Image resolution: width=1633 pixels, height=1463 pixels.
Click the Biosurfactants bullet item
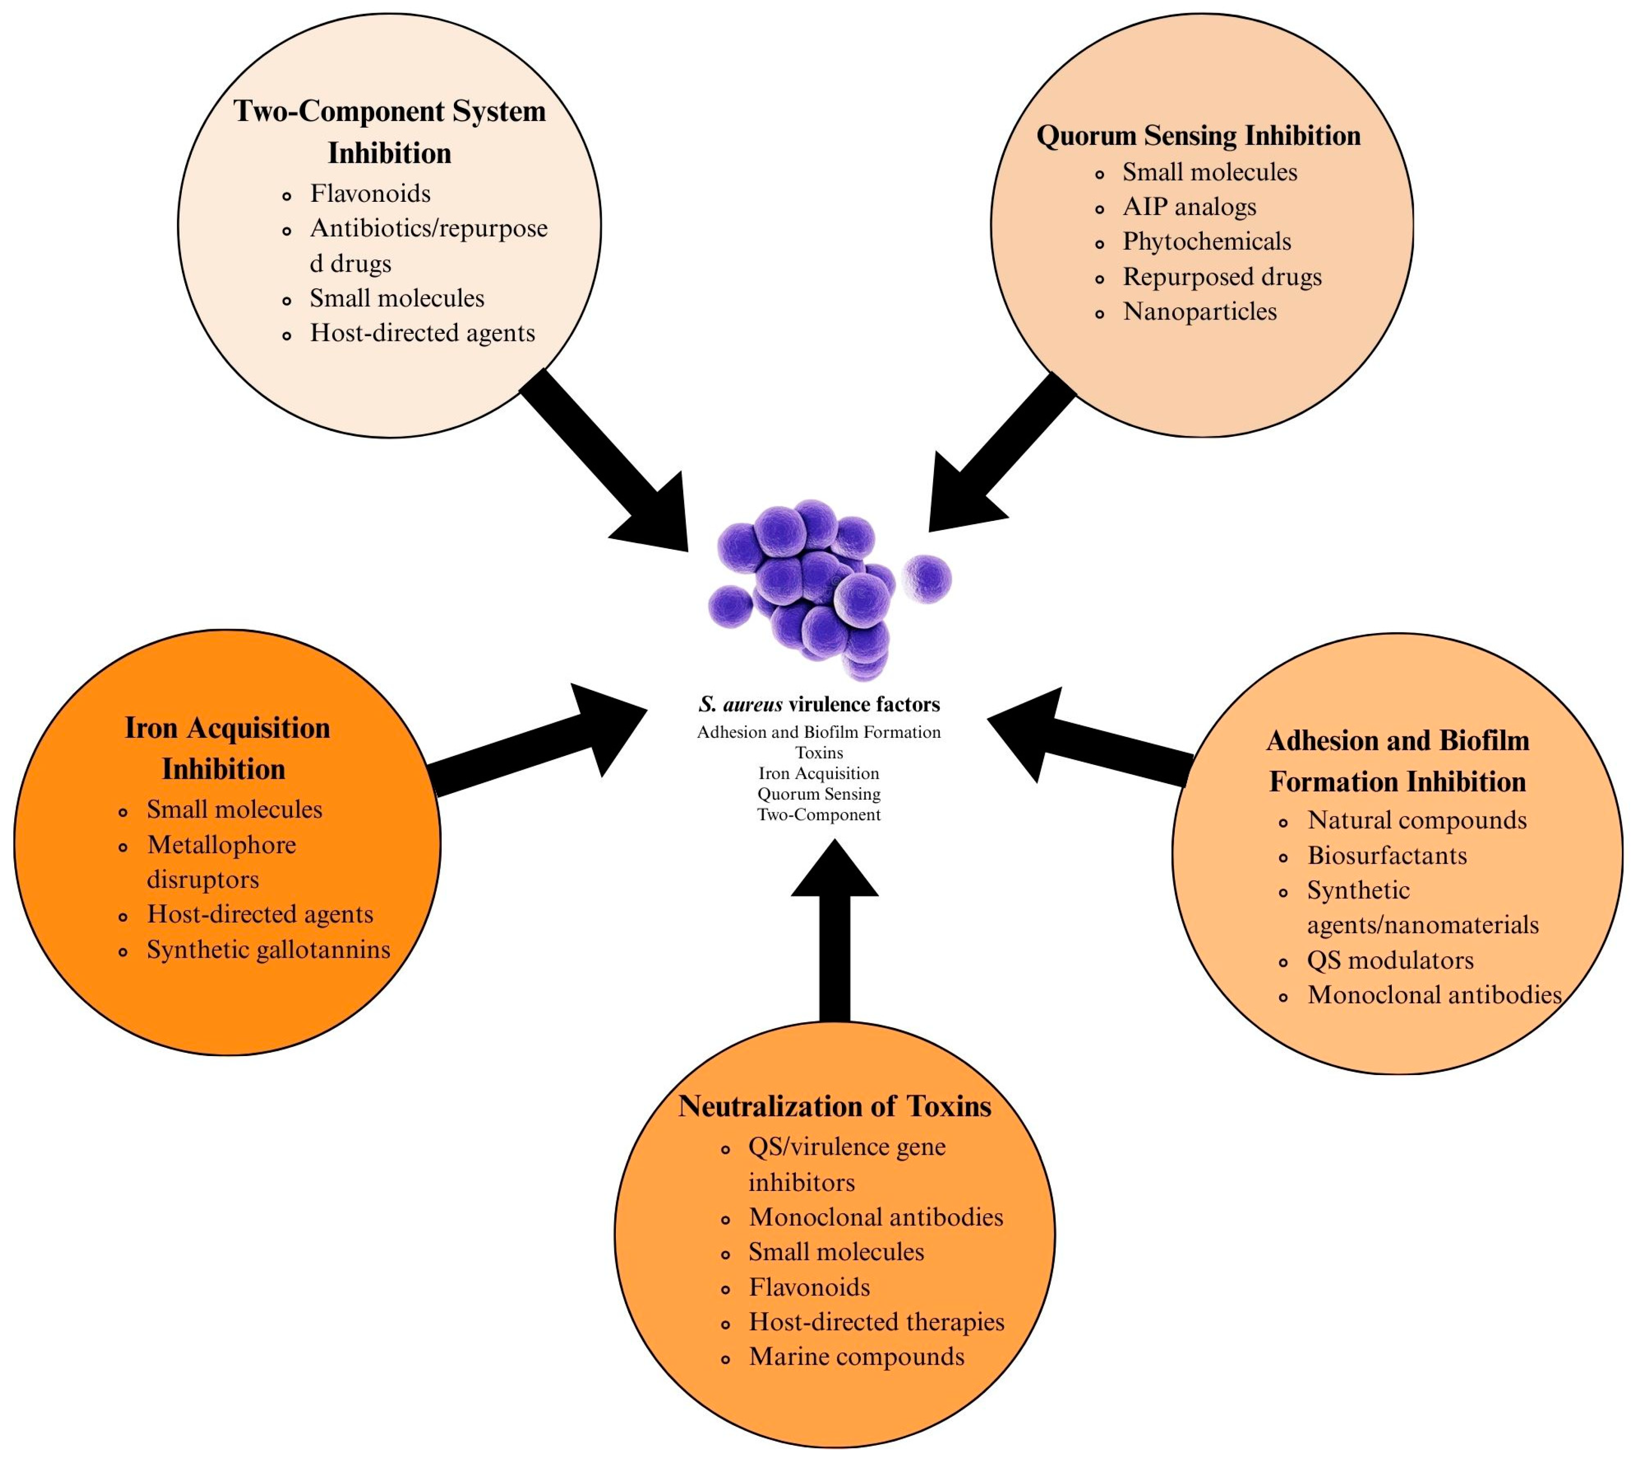(x=1386, y=855)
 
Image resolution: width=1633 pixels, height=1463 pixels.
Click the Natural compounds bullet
(x=1416, y=820)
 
